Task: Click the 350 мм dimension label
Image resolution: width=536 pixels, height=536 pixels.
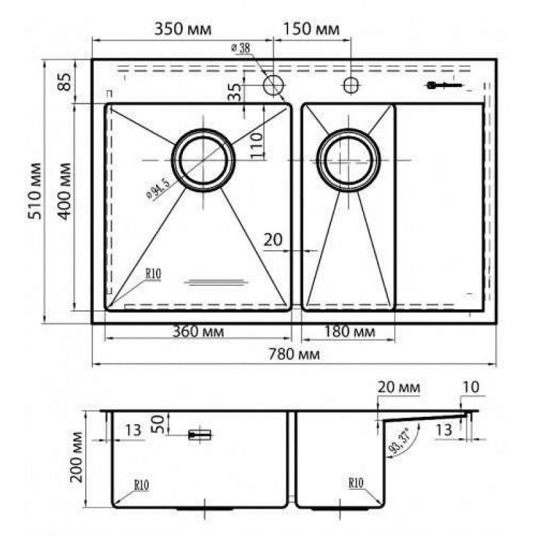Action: (183, 29)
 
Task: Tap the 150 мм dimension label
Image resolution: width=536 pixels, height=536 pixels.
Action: (312, 29)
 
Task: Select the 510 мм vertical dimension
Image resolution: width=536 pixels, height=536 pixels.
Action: (35, 191)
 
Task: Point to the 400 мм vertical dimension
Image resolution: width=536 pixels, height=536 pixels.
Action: (64, 191)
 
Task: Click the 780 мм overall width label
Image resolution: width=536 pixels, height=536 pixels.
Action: (294, 354)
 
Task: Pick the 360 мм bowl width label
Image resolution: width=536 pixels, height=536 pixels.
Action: (198, 331)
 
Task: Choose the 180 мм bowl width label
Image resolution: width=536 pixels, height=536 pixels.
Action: (349, 331)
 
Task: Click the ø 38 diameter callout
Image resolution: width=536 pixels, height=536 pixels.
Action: (241, 48)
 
